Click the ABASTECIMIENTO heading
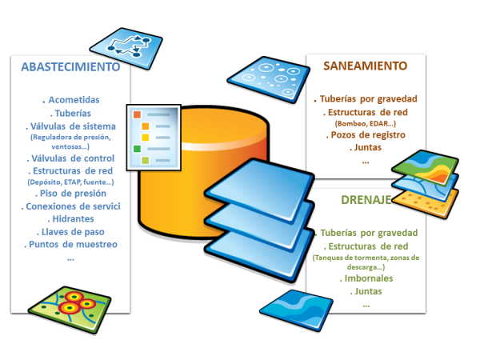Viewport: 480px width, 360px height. [71, 66]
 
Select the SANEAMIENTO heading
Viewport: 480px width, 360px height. [365, 66]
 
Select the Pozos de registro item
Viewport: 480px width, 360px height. [365, 135]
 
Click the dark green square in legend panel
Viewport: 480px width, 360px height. [137, 149]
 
